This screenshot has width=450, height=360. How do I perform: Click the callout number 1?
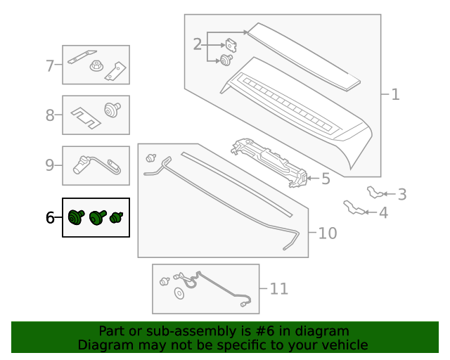point(395,94)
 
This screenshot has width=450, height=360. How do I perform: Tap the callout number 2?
point(198,45)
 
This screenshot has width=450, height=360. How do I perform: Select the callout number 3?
point(401,194)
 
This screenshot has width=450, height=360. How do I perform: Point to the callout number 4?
point(382,212)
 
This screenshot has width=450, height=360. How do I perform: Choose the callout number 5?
point(326,179)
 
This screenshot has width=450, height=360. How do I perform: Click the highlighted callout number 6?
point(50,218)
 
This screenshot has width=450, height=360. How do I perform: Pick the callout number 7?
point(50,66)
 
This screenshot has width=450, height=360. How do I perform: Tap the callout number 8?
point(50,115)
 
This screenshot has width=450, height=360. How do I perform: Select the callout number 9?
point(50,165)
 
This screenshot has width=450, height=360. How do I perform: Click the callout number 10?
point(328,233)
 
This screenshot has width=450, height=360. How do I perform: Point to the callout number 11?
point(279,288)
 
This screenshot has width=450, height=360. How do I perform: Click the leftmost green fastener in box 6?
point(75,218)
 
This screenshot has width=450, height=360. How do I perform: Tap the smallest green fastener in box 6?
point(117,218)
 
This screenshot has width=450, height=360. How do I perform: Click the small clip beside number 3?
point(376,191)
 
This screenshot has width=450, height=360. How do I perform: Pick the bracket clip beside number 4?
point(354,207)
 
